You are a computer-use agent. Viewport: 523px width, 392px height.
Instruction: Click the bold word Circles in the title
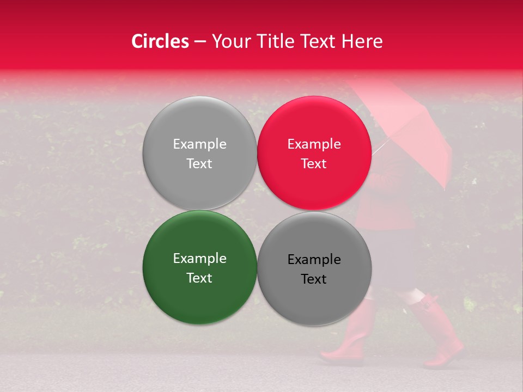pyautogui.click(x=160, y=41)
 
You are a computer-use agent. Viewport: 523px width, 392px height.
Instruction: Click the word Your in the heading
pyautogui.click(x=230, y=41)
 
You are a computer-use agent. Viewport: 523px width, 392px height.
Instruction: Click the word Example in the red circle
pyautogui.click(x=314, y=144)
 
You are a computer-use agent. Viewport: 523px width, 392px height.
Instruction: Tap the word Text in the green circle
pyautogui.click(x=199, y=278)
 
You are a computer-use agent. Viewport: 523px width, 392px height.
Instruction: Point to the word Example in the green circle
pyautogui.click(x=199, y=259)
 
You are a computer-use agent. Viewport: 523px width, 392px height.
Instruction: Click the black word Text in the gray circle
pyautogui.click(x=314, y=279)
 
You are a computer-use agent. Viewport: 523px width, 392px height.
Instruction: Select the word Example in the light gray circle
pyautogui.click(x=199, y=144)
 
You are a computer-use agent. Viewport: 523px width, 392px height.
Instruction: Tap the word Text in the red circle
pyautogui.click(x=314, y=164)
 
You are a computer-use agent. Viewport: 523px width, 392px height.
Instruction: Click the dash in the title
pyautogui.click(x=200, y=42)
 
